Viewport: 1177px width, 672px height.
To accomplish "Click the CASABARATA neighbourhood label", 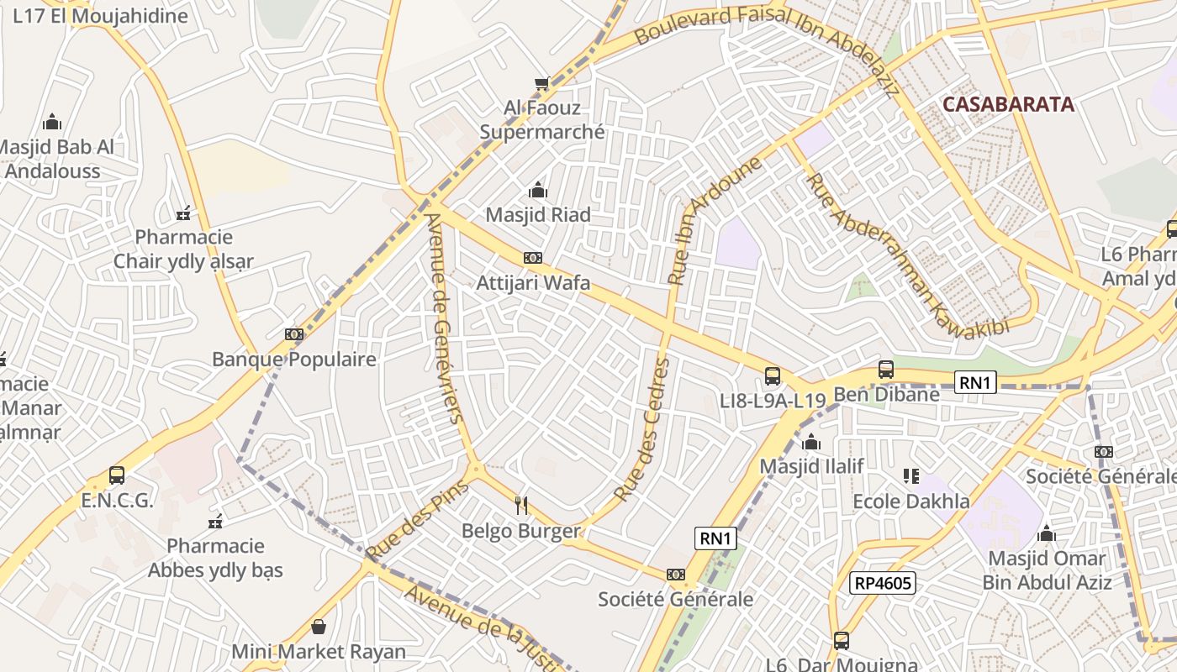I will [1008, 104].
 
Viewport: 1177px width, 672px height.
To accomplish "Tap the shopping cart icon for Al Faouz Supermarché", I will [542, 83].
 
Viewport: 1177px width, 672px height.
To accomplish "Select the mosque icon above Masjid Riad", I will [538, 191].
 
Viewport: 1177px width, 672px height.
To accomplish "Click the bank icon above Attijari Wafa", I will [533, 258].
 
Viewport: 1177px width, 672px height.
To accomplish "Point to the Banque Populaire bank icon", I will [293, 334].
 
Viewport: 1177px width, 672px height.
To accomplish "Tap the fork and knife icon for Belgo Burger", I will [521, 505].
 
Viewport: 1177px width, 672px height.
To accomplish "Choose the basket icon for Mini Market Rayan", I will [319, 627].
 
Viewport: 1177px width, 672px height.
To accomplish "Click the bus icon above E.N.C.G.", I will [117, 475].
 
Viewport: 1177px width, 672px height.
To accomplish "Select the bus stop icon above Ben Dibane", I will [885, 369].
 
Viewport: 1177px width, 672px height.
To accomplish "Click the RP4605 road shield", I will [882, 583].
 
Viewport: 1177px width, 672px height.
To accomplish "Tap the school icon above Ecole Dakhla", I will [910, 476].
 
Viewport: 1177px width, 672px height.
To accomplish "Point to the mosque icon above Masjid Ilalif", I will [811, 442].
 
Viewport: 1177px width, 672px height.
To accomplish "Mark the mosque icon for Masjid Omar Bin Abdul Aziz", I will [1047, 533].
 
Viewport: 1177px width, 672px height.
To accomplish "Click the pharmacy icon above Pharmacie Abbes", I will [215, 522].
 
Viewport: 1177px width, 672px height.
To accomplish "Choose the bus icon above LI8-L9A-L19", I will [773, 376].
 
